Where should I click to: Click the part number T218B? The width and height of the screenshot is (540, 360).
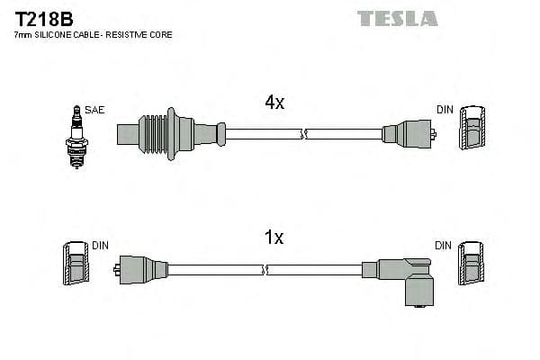click(x=43, y=18)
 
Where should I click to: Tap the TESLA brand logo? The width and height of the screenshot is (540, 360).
click(x=397, y=18)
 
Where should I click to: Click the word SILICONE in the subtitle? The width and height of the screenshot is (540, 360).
click(x=58, y=35)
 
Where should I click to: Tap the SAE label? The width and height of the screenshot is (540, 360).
click(x=95, y=110)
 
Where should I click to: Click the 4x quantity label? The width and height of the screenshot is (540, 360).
click(x=274, y=103)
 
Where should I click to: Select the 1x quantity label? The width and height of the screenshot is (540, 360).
click(x=274, y=238)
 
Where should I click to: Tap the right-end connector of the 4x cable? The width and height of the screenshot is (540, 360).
click(x=409, y=135)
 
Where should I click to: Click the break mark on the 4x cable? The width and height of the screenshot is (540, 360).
click(x=304, y=135)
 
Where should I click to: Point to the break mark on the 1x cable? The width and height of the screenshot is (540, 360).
click(x=265, y=269)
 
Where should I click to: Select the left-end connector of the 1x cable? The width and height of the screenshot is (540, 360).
click(x=142, y=269)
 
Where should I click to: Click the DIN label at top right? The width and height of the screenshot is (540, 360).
click(x=445, y=110)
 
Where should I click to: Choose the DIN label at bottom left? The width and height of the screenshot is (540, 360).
click(x=100, y=245)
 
